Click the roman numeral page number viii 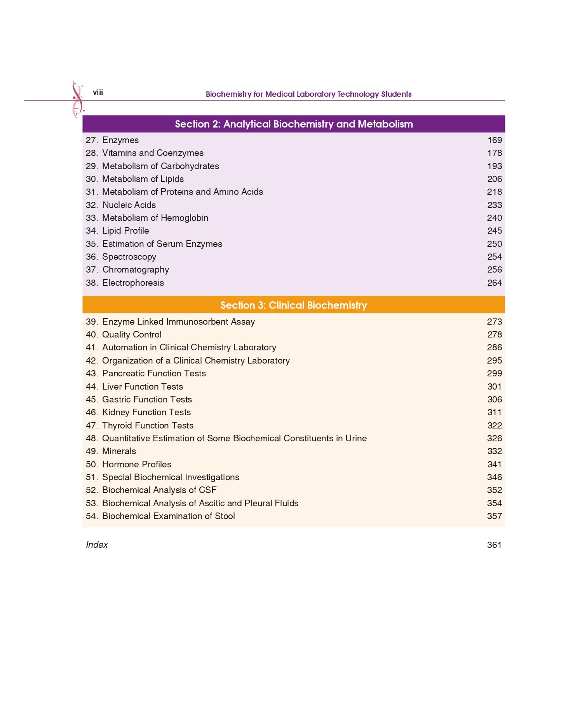click(x=98, y=93)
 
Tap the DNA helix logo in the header click(x=77, y=99)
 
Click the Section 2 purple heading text click(x=294, y=124)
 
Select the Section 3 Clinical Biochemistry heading click(x=294, y=305)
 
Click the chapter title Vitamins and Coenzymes click(x=153, y=153)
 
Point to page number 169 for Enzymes click(x=495, y=140)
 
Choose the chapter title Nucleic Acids click(x=129, y=205)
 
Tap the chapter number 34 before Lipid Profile click(x=91, y=231)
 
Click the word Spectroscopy click(x=129, y=257)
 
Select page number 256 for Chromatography click(x=495, y=270)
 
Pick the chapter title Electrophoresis click(x=133, y=283)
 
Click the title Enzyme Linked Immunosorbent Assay click(x=178, y=322)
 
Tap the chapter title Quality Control click(x=132, y=335)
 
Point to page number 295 click(x=495, y=361)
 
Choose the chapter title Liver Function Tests click(x=142, y=387)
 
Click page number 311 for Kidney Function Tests click(x=495, y=413)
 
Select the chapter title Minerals click(x=119, y=451)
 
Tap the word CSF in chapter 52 click(x=207, y=490)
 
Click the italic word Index click(x=97, y=545)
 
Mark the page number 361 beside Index click(x=494, y=545)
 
